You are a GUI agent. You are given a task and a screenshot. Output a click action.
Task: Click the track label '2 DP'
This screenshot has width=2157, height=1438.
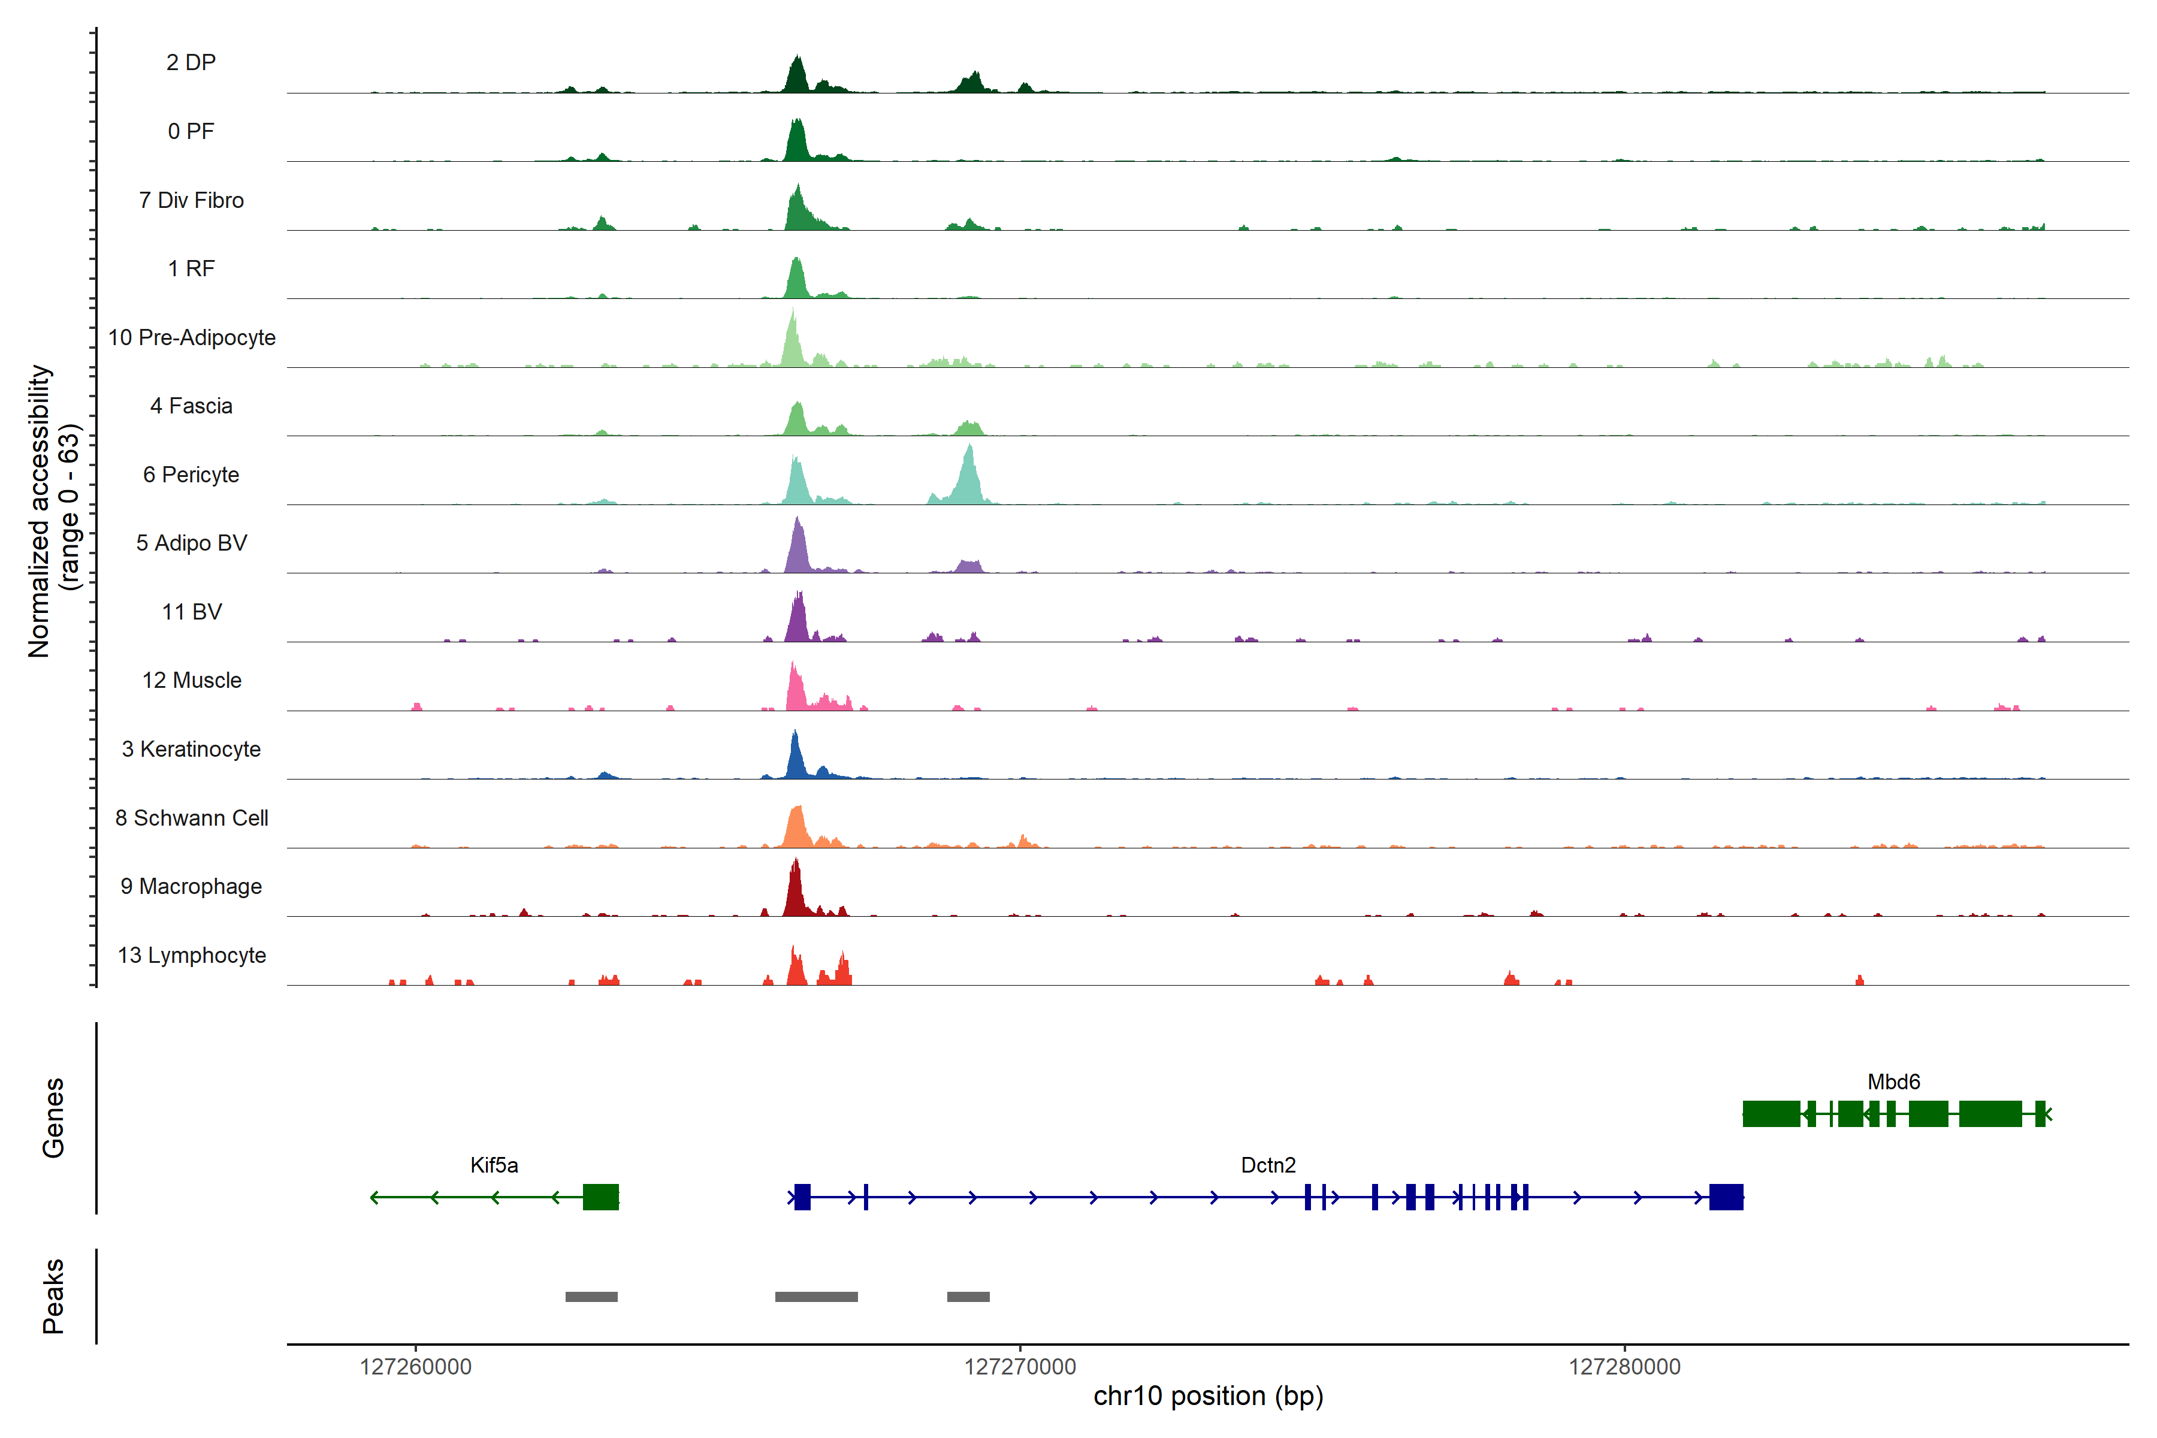(191, 62)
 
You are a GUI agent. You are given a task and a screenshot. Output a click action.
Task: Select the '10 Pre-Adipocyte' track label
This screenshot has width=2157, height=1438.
(192, 337)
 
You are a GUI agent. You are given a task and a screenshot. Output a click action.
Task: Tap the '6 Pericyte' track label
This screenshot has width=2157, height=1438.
(191, 475)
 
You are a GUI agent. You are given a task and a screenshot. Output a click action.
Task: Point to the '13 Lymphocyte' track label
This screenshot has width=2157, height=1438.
(192, 956)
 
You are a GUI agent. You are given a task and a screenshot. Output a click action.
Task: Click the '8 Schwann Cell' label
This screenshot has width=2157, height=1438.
(192, 818)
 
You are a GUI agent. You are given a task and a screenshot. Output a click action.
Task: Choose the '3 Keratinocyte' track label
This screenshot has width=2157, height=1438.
(191, 750)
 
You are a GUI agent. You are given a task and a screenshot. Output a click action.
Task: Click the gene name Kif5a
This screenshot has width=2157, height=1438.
(493, 1165)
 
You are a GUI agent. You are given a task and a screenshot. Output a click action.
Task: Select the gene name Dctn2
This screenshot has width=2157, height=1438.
(1267, 1165)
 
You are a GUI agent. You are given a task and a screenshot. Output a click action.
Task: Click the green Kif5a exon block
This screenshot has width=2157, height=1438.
(601, 1197)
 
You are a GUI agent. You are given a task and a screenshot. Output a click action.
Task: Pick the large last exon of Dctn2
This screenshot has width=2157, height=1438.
(1726, 1197)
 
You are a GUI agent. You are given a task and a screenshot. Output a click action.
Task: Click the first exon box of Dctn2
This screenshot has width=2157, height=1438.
(802, 1197)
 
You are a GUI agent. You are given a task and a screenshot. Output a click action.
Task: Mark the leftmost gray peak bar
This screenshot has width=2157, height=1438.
(591, 1297)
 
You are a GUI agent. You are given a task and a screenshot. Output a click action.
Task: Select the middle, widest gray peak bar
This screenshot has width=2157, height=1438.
(816, 1297)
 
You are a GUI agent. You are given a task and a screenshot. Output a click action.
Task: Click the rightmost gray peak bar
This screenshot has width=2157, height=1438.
(968, 1297)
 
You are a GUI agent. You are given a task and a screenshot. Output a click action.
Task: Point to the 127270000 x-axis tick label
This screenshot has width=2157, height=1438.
(1020, 1367)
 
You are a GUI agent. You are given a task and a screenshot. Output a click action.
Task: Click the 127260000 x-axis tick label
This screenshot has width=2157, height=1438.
(415, 1367)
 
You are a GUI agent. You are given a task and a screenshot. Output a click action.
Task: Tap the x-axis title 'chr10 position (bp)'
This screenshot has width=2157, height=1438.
(1208, 1396)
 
